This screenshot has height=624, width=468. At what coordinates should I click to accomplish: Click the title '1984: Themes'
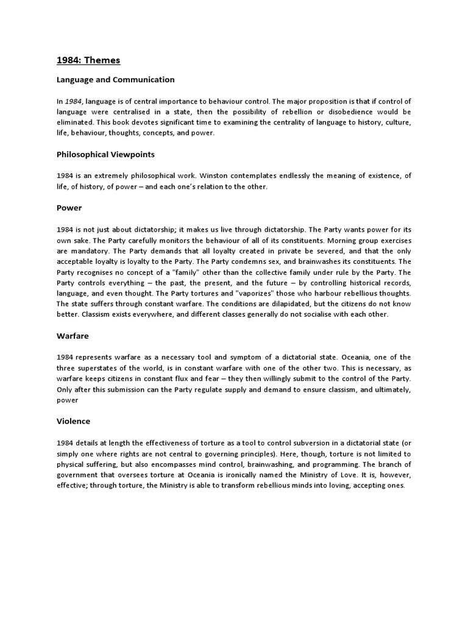tap(88, 60)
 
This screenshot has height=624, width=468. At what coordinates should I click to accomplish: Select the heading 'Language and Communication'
tap(115, 80)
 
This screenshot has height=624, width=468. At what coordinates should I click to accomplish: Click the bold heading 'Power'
tap(69, 208)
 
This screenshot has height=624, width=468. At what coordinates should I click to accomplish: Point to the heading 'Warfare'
tap(73, 336)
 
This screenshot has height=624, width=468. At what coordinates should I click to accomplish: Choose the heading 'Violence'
tap(73, 421)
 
